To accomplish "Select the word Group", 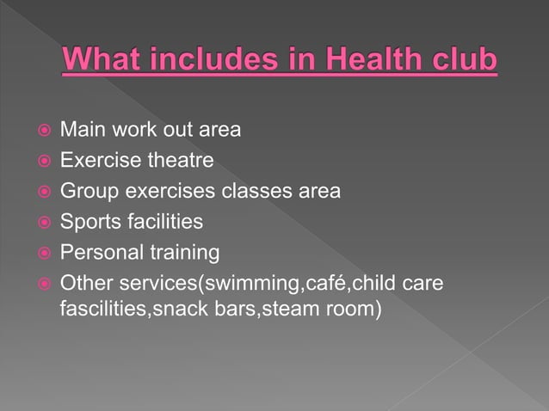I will click(x=84, y=191).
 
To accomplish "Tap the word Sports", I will click(x=85, y=222).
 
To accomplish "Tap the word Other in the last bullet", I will click(x=83, y=284).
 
